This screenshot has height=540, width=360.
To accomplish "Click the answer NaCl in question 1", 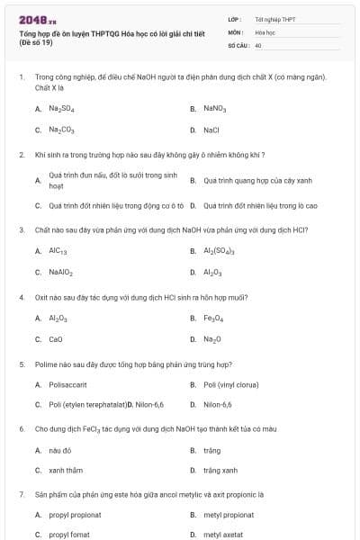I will [x=211, y=130].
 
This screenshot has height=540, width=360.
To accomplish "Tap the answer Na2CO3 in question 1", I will [x=61, y=130].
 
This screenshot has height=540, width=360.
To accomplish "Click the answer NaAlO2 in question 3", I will [x=61, y=272].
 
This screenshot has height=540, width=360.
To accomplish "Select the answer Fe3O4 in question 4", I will [x=212, y=318].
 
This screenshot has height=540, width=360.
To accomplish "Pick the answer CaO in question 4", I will [x=56, y=339].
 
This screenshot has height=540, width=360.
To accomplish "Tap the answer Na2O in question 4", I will [x=211, y=339].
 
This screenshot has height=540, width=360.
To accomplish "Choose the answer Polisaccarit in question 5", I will [x=67, y=384].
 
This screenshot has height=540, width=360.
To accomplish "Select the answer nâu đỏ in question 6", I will [x=59, y=449].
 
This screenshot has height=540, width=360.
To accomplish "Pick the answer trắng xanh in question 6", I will [x=220, y=471].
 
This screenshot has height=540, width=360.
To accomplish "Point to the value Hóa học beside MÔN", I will [x=265, y=31].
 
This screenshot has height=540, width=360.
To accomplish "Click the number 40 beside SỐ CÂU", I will [x=258, y=44].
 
